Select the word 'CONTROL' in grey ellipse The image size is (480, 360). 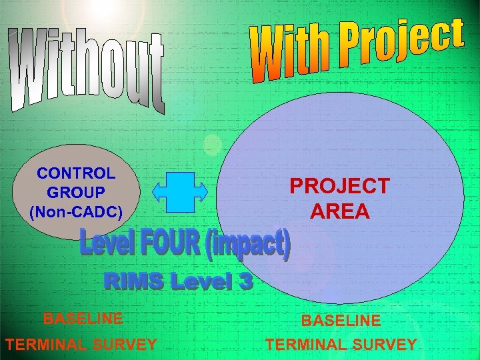[x=76, y=174]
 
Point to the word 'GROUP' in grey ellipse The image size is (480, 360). [x=76, y=193]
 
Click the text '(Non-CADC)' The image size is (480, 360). [x=76, y=212]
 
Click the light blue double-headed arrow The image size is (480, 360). [x=180, y=191]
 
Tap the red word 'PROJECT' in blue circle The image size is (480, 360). [x=339, y=186]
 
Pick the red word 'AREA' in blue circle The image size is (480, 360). [x=339, y=211]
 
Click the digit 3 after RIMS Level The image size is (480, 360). [x=245, y=282]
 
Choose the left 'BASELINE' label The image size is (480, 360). [x=83, y=319]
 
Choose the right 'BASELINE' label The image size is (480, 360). [x=341, y=321]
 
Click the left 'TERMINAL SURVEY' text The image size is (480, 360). [x=81, y=345]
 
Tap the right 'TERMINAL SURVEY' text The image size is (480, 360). [x=341, y=345]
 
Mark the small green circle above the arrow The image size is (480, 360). [x=212, y=144]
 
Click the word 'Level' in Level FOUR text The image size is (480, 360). [x=107, y=243]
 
